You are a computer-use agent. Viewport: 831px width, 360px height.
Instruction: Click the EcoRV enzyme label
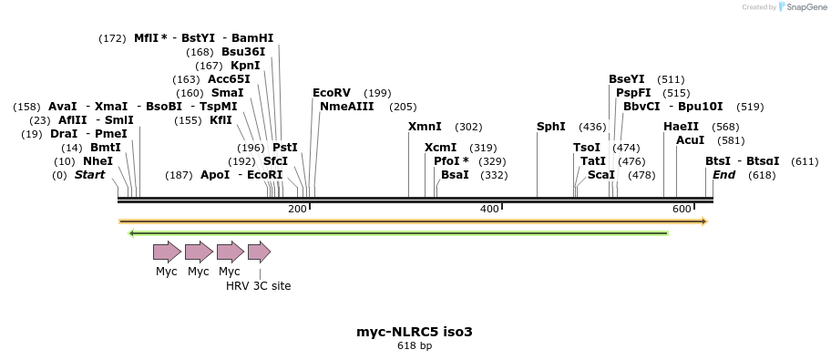pyautogui.click(x=332, y=93)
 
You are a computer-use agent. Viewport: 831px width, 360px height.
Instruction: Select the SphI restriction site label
pyautogui.click(x=551, y=127)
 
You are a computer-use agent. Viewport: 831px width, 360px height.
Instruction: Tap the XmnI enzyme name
pyautogui.click(x=425, y=127)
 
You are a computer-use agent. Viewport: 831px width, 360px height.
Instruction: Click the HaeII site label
pyautogui.click(x=682, y=127)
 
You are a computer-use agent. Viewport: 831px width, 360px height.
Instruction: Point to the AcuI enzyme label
pyautogui.click(x=691, y=140)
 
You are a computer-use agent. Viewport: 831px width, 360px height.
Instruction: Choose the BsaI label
pyautogui.click(x=455, y=175)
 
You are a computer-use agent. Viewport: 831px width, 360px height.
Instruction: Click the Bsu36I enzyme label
pyautogui.click(x=243, y=52)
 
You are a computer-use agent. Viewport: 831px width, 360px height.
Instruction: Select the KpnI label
pyautogui.click(x=246, y=66)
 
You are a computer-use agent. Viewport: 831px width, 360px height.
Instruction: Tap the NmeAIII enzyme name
pyautogui.click(x=347, y=107)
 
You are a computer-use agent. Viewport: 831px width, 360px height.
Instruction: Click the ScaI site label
pyautogui.click(x=601, y=175)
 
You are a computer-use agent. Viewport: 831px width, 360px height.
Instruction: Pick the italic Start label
pyautogui.click(x=90, y=175)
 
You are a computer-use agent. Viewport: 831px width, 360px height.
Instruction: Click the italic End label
pyautogui.click(x=723, y=175)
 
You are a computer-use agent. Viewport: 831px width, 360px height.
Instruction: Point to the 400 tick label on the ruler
pyautogui.click(x=489, y=210)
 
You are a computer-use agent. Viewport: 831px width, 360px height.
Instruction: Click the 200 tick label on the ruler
pyautogui.click(x=297, y=210)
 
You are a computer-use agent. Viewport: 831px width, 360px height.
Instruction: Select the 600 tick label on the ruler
pyautogui.click(x=682, y=210)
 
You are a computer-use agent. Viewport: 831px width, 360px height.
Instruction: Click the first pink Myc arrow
pyautogui.click(x=167, y=252)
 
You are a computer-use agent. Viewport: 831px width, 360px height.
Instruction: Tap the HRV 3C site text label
pyautogui.click(x=259, y=286)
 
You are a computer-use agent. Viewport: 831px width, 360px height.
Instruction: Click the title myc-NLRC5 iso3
pyautogui.click(x=415, y=332)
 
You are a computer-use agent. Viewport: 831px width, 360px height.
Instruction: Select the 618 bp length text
pyautogui.click(x=415, y=346)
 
